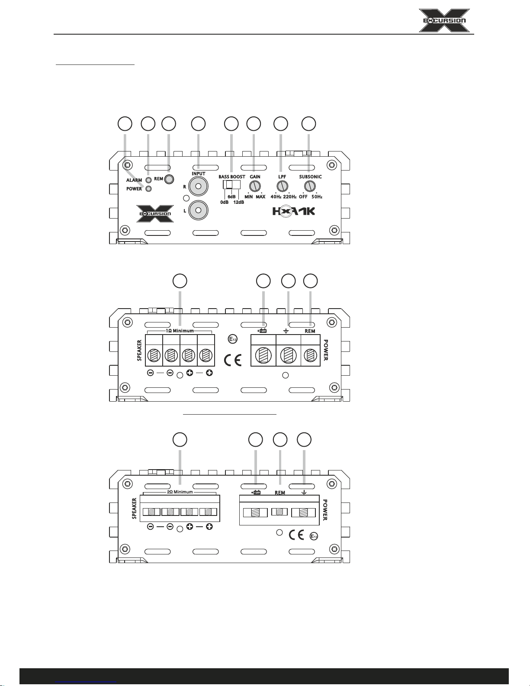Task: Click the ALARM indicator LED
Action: (x=148, y=180)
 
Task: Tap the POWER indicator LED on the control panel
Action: (x=148, y=189)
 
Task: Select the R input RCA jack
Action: (x=198, y=186)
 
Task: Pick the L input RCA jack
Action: (x=198, y=210)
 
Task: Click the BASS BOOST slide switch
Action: (x=231, y=185)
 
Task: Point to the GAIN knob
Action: (x=254, y=186)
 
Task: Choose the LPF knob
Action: (x=283, y=186)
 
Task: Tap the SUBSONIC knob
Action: (x=310, y=186)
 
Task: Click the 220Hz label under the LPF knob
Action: (x=289, y=197)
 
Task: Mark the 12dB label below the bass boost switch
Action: (x=238, y=203)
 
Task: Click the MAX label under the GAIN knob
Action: (x=260, y=197)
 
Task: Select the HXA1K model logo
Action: (x=294, y=211)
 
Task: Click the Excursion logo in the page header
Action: (x=444, y=20)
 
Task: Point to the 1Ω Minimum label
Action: (x=180, y=331)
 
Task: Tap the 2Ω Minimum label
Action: (x=180, y=492)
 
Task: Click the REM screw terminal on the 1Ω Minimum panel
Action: (x=311, y=355)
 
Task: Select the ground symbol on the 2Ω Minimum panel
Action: (x=304, y=492)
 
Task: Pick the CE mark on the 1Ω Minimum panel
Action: (x=233, y=360)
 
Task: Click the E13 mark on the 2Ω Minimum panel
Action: (x=314, y=536)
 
